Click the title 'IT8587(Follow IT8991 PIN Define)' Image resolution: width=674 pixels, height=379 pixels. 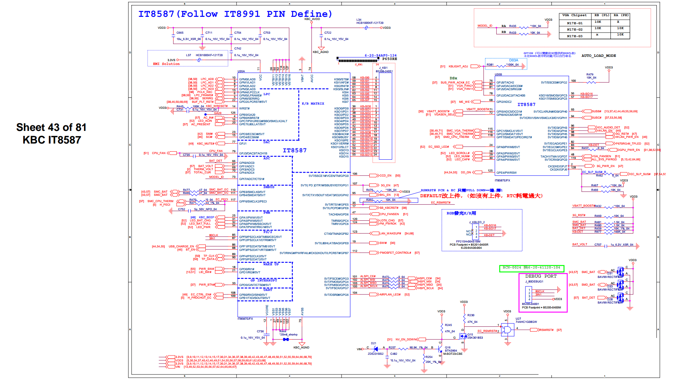tap(235, 14)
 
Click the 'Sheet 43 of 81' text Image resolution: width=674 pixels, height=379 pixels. tap(51, 127)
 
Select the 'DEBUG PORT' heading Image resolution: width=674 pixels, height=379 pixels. tap(541, 276)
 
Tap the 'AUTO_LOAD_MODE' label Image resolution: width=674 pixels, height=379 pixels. tap(599, 56)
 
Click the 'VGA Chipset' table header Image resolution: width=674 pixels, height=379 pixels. tap(574, 15)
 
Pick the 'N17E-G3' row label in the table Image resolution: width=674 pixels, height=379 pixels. tap(574, 36)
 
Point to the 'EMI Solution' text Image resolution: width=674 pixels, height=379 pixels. tap(166, 64)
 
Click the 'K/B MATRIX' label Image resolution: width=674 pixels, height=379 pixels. tap(313, 104)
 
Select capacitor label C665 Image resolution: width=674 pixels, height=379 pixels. tap(180, 33)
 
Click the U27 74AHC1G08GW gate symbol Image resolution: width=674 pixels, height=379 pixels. tap(507, 330)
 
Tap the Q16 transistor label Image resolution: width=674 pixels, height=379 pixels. tap(448, 347)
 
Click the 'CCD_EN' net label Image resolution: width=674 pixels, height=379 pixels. tap(385, 175)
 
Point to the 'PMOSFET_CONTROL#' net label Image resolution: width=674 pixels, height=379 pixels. tap(395, 253)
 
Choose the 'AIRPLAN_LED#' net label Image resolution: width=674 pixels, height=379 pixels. tap(390, 294)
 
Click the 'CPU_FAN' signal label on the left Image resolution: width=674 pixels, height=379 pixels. tap(158, 153)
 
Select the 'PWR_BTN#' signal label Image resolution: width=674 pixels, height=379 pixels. tap(207, 285)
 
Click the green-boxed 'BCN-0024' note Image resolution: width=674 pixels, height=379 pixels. tap(531, 268)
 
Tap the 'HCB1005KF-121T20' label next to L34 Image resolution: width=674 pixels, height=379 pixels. tap(370, 23)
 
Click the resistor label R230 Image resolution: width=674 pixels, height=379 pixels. tap(471, 315)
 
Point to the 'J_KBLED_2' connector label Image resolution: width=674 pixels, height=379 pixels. tap(477, 222)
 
